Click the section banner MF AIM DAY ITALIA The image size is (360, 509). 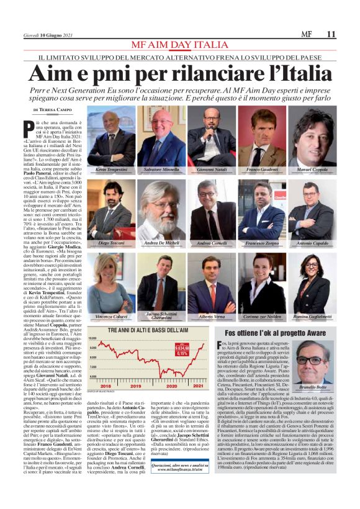[179, 47]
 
